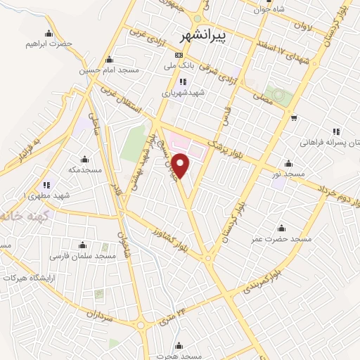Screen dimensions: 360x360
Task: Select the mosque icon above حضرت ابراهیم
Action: [x=49, y=32]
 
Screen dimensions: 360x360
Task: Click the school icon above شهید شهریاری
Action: [x=183, y=82]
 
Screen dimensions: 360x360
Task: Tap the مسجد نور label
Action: [x=289, y=173]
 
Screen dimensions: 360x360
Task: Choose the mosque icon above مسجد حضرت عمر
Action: [x=281, y=228]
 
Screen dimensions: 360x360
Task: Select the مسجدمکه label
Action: [x=85, y=169]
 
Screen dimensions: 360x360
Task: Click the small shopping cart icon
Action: [x=294, y=117]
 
